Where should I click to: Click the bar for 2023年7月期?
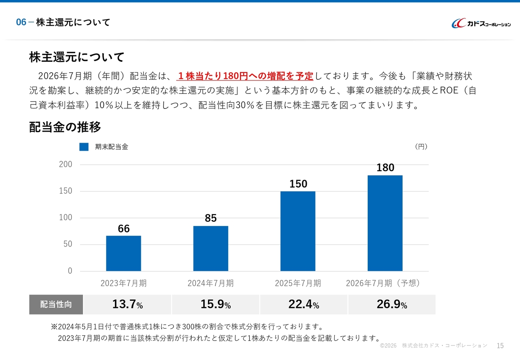(123, 253)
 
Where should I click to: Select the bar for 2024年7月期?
(210, 248)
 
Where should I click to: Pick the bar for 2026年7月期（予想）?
(385, 223)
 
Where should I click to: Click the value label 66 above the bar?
(123, 229)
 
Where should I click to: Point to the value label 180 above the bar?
(385, 168)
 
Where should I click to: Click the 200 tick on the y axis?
(65, 165)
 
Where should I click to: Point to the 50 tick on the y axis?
(67, 244)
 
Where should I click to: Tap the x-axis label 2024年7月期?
(210, 283)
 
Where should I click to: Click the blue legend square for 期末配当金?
(84, 147)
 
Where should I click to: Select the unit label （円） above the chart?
(421, 147)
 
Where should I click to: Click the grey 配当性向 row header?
(56, 305)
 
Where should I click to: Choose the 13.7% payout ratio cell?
(128, 305)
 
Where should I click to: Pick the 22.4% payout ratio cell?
(303, 305)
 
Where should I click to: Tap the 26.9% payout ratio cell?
(392, 305)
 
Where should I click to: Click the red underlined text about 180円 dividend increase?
(245, 76)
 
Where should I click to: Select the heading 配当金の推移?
(65, 127)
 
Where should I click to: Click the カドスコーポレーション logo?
(481, 24)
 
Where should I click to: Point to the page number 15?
(500, 346)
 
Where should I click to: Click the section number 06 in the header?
(21, 22)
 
